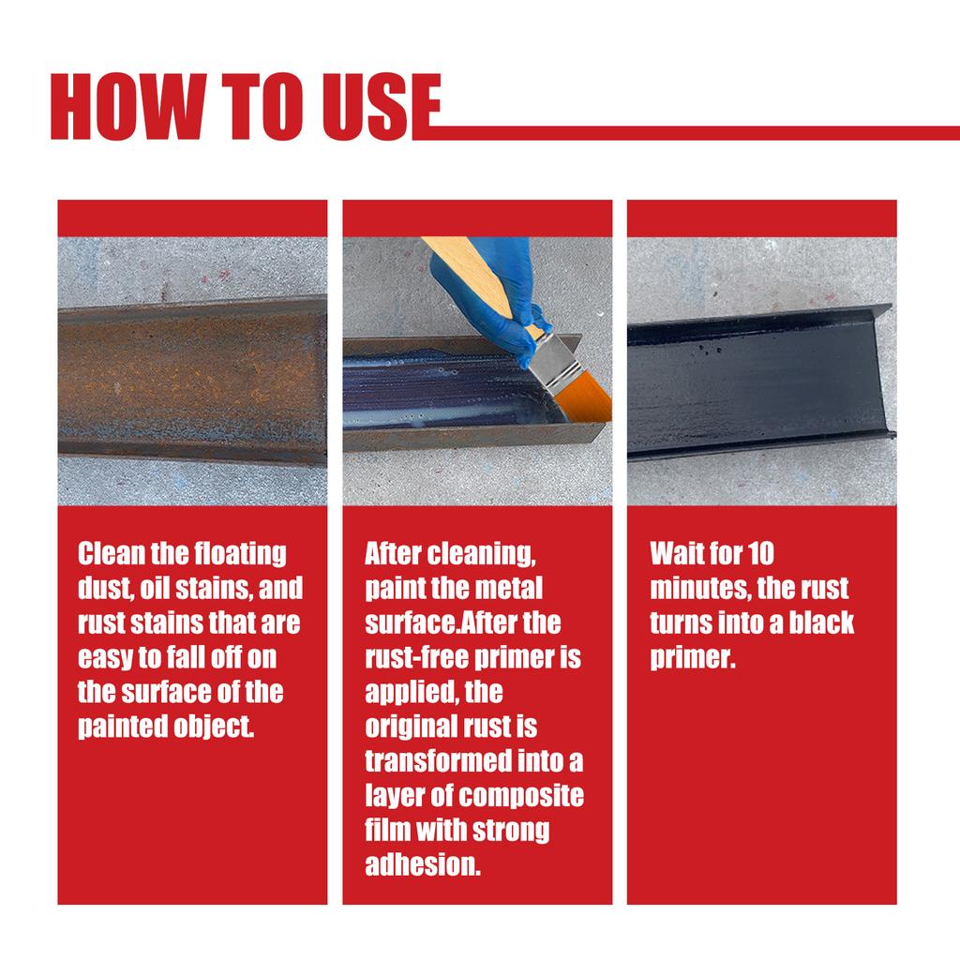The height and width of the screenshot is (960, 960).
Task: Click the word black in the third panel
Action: [x=819, y=623]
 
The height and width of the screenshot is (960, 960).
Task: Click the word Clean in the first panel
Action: [x=110, y=554]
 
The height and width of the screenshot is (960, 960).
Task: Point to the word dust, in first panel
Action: [x=107, y=589]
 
